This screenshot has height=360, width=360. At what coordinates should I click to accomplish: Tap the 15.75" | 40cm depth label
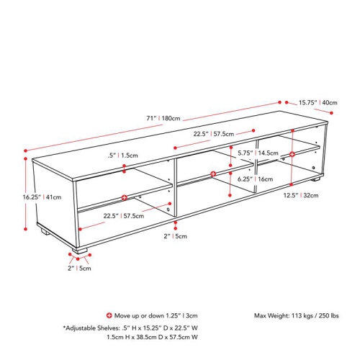coord(318,103)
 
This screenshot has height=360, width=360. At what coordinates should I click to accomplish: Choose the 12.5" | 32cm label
coord(310,194)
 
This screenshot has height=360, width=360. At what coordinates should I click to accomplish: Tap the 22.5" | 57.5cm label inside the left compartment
coord(122,216)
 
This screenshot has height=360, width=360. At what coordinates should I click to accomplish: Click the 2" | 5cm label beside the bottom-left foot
coord(79,268)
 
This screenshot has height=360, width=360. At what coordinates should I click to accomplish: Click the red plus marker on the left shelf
coord(125,197)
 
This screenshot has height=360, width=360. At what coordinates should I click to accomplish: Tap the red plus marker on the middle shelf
coord(213,174)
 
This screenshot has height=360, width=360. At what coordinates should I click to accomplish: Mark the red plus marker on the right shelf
coord(293,154)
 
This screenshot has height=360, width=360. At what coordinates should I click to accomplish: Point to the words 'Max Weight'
coord(270,315)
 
